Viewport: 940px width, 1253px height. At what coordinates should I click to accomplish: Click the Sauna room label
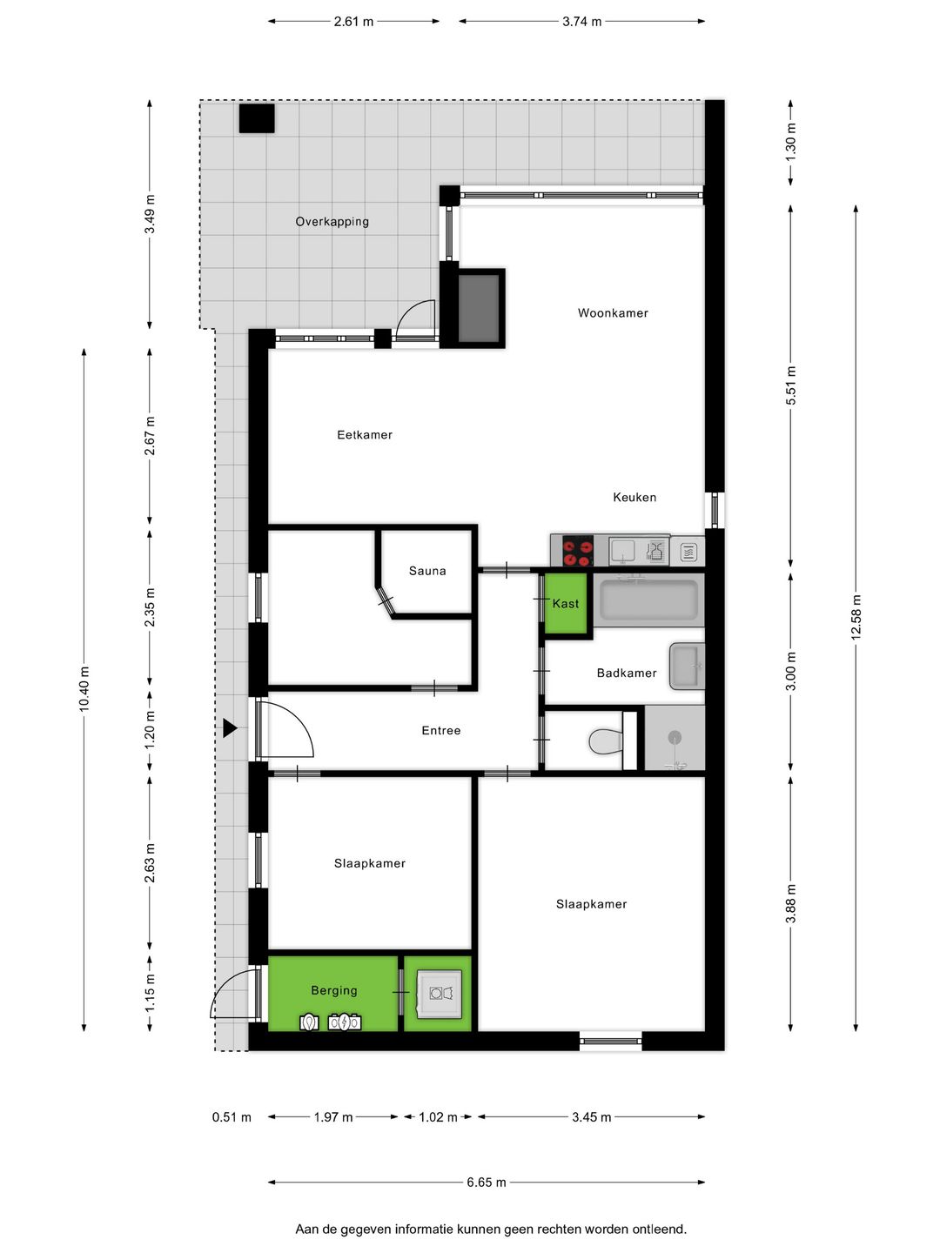(427, 571)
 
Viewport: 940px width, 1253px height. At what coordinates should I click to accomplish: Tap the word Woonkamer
(613, 313)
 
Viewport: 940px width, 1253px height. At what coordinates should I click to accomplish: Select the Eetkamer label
(365, 435)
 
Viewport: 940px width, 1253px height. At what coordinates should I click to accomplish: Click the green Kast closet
(566, 604)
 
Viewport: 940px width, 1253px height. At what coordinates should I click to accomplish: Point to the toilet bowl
(606, 742)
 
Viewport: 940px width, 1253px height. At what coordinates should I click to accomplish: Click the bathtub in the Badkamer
(648, 600)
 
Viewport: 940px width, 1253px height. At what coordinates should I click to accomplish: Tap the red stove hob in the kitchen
(577, 551)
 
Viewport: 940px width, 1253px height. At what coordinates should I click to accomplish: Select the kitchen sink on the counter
(623, 550)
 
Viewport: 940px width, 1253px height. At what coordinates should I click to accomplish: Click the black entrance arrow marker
(229, 728)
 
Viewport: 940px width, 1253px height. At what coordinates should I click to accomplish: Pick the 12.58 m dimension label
(856, 618)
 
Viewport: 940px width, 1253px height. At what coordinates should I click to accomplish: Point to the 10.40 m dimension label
(84, 689)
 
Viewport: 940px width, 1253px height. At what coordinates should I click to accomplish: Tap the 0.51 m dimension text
(232, 1117)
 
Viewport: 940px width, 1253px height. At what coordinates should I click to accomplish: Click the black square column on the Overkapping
(257, 118)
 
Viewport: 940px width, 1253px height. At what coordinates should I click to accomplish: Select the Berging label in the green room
(334, 990)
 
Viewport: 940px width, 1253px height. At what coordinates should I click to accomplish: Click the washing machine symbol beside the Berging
(440, 993)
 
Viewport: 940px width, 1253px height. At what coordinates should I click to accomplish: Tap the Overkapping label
(332, 222)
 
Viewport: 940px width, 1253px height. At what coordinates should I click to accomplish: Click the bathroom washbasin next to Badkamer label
(685, 667)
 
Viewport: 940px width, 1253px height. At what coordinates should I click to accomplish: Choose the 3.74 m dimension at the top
(581, 22)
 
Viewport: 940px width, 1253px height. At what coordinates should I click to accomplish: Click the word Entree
(441, 731)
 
